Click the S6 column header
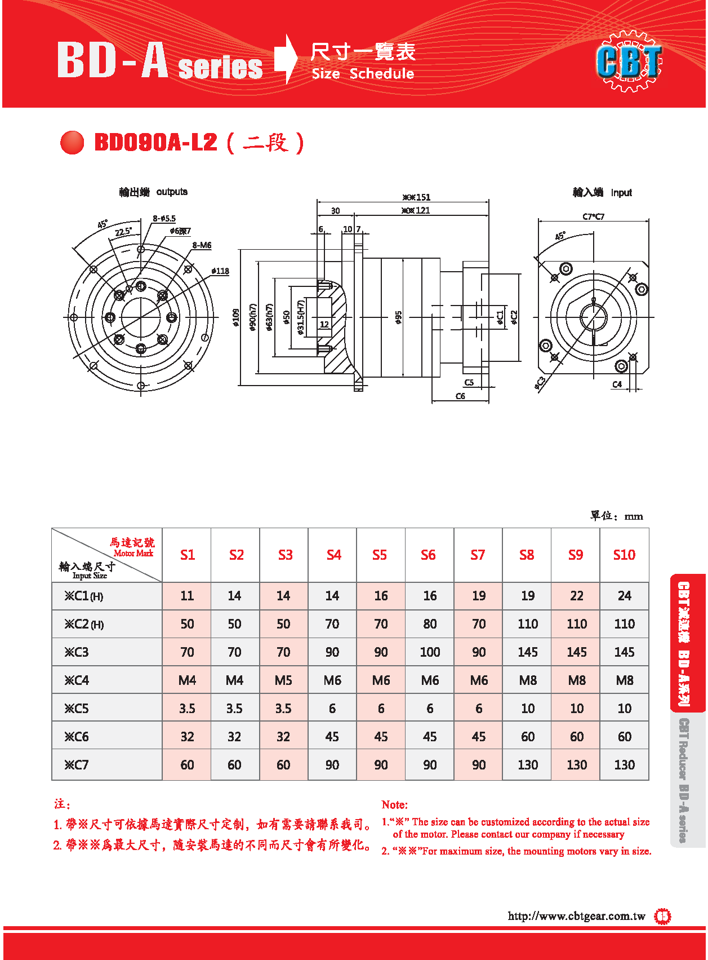[428, 555]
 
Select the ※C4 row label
[77, 680]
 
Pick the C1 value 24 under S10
[624, 596]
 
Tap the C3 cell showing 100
[430, 652]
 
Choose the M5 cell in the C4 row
[283, 680]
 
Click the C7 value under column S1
[187, 765]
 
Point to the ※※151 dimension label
[416, 197]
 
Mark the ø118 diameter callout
[220, 271]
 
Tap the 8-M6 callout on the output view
[202, 245]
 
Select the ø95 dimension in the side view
[398, 318]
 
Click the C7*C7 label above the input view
[593, 216]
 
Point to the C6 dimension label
[460, 396]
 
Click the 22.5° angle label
[123, 231]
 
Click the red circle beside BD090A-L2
[72, 142]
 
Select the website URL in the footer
[576, 916]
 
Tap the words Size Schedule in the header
[363, 74]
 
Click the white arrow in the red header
[287, 59]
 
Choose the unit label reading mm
[634, 516]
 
